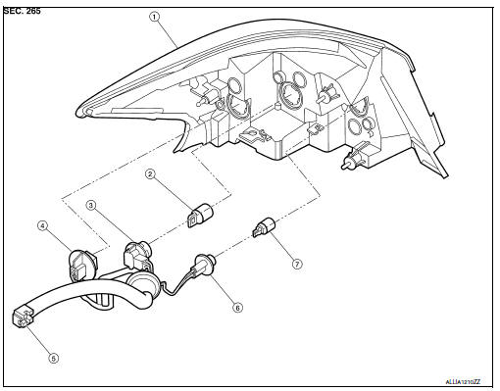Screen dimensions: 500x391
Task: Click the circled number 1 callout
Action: click(x=155, y=17)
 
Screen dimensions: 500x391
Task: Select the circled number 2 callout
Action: click(x=150, y=174)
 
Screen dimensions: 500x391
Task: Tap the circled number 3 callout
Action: click(x=91, y=205)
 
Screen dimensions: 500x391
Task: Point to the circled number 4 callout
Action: click(x=42, y=225)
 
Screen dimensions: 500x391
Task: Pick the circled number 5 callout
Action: click(x=54, y=358)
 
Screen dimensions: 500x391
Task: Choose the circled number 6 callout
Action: click(x=238, y=308)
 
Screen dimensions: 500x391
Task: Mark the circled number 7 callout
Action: click(x=297, y=264)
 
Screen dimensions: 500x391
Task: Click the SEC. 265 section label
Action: click(x=23, y=11)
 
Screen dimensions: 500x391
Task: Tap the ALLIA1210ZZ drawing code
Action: click(x=463, y=382)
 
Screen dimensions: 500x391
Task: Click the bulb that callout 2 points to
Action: click(x=200, y=215)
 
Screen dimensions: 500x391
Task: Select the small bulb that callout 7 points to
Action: click(x=265, y=228)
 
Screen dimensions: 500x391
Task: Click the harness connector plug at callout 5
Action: click(x=23, y=317)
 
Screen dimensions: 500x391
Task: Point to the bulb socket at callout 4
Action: click(x=81, y=265)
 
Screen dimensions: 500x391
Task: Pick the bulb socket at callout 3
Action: click(x=137, y=258)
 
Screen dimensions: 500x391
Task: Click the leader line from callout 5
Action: click(x=38, y=339)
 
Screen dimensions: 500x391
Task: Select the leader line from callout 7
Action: click(x=282, y=247)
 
